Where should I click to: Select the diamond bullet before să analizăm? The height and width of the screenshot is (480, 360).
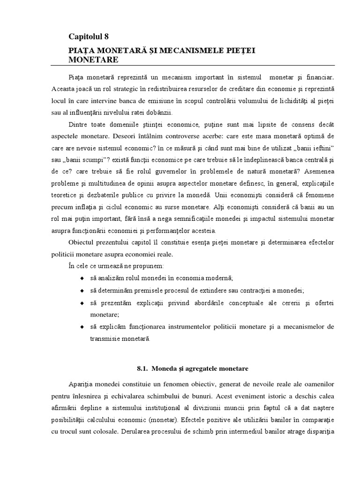point(83,278)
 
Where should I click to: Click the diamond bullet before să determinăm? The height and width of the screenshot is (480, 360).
point(83,291)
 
